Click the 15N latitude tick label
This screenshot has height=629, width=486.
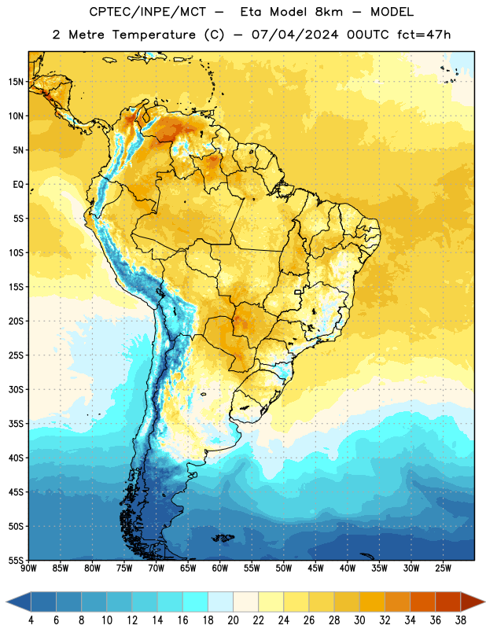tap(16, 82)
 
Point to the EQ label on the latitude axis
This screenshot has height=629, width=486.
tap(18, 185)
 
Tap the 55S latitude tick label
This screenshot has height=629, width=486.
tap(16, 561)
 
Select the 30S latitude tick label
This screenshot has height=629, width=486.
tap(16, 389)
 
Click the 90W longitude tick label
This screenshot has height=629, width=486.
tap(28, 568)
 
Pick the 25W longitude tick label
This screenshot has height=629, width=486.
tap(443, 568)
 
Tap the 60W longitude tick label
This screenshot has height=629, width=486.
tap(220, 568)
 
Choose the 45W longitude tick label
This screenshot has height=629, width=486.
tap(315, 568)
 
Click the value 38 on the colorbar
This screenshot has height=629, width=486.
tap(461, 620)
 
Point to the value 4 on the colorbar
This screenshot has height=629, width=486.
tap(31, 620)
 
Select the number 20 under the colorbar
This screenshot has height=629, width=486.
tap(233, 620)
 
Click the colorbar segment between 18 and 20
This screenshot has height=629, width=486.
tap(221, 601)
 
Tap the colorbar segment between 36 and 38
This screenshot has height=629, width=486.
tap(448, 601)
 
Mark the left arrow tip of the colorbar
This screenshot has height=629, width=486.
tap(6, 601)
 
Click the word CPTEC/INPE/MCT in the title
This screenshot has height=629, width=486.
tap(148, 12)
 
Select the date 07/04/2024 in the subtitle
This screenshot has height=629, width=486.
tap(295, 35)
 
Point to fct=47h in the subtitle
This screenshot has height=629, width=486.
tap(424, 35)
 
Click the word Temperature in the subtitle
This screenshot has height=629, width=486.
tap(153, 35)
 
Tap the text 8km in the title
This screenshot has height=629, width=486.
tap(329, 12)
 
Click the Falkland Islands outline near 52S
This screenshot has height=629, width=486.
tap(223, 538)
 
